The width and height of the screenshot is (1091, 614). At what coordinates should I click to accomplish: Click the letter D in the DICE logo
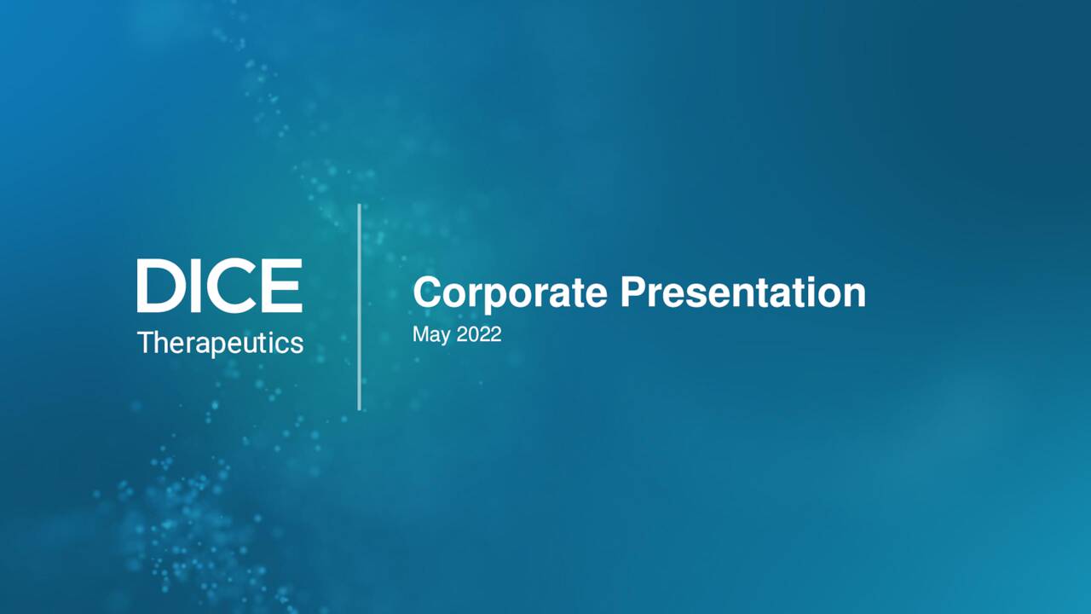coord(156,286)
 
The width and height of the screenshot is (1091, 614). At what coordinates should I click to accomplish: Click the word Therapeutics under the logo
coord(220,343)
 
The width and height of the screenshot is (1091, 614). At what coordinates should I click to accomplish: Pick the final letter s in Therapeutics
coord(297,344)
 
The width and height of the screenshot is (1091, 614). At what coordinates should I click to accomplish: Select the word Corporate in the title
coord(510,293)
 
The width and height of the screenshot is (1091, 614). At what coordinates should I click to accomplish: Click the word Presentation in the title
coord(742,293)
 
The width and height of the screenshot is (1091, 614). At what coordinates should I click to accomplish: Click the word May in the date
coord(430,335)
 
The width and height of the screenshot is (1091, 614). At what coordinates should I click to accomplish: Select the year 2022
coord(479,334)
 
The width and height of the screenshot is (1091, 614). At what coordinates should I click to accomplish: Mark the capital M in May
coord(420,334)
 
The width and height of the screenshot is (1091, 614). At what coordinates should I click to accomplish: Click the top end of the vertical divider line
coord(359,206)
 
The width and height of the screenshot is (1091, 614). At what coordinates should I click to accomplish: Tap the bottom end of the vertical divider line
coord(359,408)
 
